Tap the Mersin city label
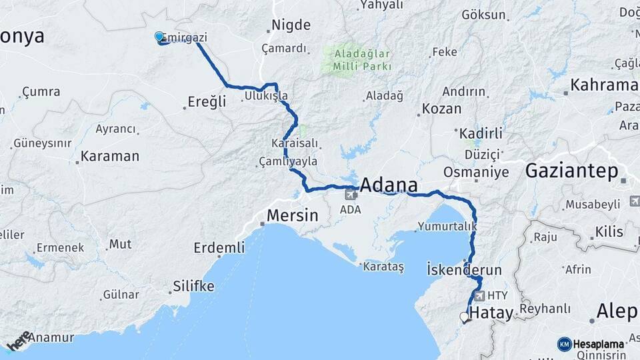(292, 216)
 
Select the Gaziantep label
(571, 171)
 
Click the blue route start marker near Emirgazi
(159, 37)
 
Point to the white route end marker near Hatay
(465, 317)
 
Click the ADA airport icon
(351, 195)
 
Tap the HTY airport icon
(479, 295)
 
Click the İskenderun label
(463, 269)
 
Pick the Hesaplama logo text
(598, 344)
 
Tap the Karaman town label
(110, 157)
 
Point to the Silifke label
(193, 287)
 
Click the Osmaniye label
(477, 172)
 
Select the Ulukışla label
(266, 96)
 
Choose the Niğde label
(291, 25)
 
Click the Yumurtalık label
(447, 227)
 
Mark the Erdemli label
(219, 248)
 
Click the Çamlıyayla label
(289, 161)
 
